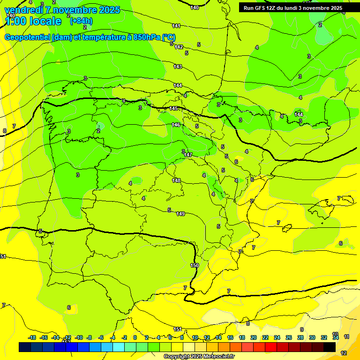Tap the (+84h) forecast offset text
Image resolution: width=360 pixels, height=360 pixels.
tap(81, 21)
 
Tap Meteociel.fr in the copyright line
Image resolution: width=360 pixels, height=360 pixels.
tap(218, 357)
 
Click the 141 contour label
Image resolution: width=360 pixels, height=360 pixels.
tap(176, 26)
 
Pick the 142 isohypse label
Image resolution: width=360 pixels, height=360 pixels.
tap(179, 47)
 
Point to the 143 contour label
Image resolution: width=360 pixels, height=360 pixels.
tap(178, 67)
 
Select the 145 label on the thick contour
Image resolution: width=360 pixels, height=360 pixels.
tap(173, 108)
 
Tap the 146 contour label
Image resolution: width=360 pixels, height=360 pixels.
tap(176, 125)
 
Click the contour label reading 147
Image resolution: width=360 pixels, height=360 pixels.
tap(188, 155)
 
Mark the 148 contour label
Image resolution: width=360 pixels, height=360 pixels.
tap(176, 180)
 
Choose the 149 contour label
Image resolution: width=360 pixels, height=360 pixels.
tap(180, 214)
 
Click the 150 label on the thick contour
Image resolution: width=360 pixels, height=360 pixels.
tap(195, 265)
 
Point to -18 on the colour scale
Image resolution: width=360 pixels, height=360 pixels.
tap(32, 337)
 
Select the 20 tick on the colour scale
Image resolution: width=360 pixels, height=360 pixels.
tap(253, 337)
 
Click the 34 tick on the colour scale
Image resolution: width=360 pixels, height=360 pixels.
tap(336, 337)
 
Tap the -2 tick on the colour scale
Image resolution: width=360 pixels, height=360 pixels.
tap(124, 337)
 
